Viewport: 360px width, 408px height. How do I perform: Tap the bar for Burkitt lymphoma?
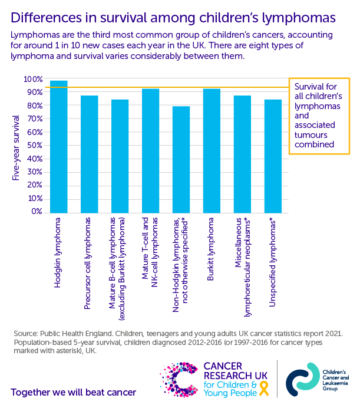(212, 150)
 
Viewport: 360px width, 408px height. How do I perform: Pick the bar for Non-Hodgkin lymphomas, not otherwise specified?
(181, 159)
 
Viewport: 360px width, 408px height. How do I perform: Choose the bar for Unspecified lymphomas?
(273, 156)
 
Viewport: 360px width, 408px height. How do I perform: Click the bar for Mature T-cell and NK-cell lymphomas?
(150, 150)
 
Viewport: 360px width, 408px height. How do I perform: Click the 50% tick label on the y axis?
(34, 146)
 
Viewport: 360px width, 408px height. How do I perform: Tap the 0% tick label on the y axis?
(36, 212)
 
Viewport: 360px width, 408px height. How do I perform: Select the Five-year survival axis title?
(16, 146)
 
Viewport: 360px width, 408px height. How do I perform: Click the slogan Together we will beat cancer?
(74, 392)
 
